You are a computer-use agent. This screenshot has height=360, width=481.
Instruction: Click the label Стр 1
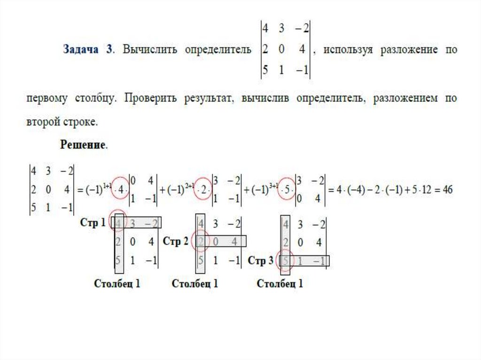tap(93, 223)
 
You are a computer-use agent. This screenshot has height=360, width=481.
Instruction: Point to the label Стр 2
tap(176, 241)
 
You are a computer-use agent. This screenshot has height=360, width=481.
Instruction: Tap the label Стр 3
tap(260, 261)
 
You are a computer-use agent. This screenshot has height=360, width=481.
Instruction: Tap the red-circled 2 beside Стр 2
tap(201, 241)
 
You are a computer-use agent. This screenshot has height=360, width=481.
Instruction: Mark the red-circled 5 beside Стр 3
tap(284, 260)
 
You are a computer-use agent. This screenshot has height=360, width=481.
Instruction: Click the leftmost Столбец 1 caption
tap(117, 283)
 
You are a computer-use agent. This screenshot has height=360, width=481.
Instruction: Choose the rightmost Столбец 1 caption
tap(280, 283)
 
